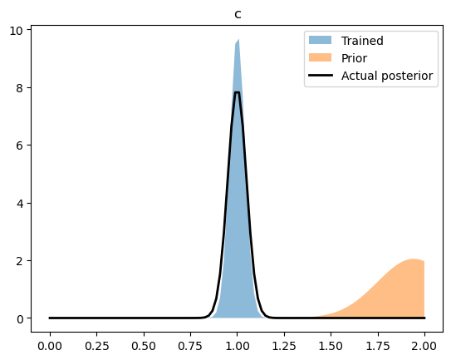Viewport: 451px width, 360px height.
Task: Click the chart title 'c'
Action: pyautogui.click(x=238, y=14)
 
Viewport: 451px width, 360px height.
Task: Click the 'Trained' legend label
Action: pyautogui.click(x=361, y=39)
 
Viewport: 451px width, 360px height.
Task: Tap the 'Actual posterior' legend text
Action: pyautogui.click(x=387, y=76)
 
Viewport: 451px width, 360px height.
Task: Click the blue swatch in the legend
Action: pyautogui.click(x=320, y=39)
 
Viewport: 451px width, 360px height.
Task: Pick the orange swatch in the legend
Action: pyautogui.click(x=320, y=57)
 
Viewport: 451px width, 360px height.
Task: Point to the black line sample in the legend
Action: pyautogui.click(x=320, y=76)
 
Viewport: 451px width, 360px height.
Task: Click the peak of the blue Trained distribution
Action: pyautogui.click(x=238, y=40)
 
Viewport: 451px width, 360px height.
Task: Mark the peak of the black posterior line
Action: pyautogui.click(x=238, y=92)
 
